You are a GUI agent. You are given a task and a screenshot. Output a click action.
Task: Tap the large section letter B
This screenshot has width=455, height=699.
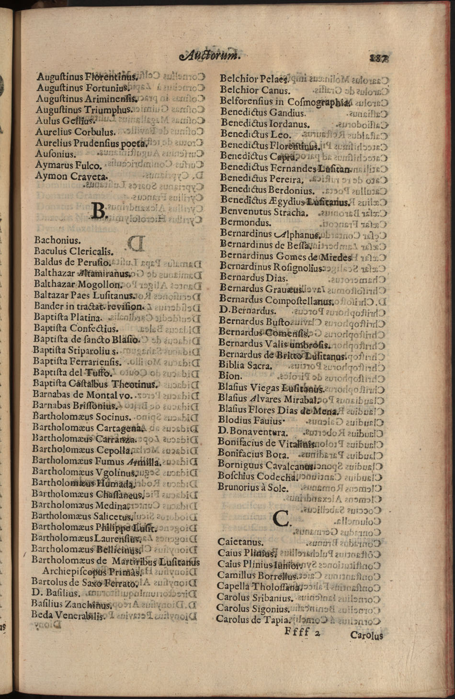click(x=98, y=210)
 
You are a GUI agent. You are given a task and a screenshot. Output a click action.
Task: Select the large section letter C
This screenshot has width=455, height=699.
click(x=281, y=518)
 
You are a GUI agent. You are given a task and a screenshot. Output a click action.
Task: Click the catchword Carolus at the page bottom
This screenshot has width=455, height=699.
click(x=366, y=635)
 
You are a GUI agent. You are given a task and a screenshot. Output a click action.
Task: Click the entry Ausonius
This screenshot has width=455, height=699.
click(x=56, y=154)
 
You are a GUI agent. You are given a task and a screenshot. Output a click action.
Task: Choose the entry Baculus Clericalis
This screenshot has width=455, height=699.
click(x=74, y=251)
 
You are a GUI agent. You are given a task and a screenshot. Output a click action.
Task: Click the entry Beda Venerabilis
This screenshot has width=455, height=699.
click(x=68, y=615)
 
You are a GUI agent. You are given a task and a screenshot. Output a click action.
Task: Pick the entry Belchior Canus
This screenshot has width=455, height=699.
click(x=255, y=90)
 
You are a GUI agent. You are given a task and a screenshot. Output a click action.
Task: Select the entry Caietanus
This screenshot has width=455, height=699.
click(x=240, y=542)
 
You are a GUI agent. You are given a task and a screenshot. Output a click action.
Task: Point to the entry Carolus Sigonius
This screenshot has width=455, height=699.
click(x=253, y=609)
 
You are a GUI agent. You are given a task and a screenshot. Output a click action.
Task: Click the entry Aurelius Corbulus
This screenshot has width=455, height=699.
click(x=75, y=132)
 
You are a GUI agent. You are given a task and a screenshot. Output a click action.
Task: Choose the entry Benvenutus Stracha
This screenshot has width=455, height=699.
click(x=263, y=211)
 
